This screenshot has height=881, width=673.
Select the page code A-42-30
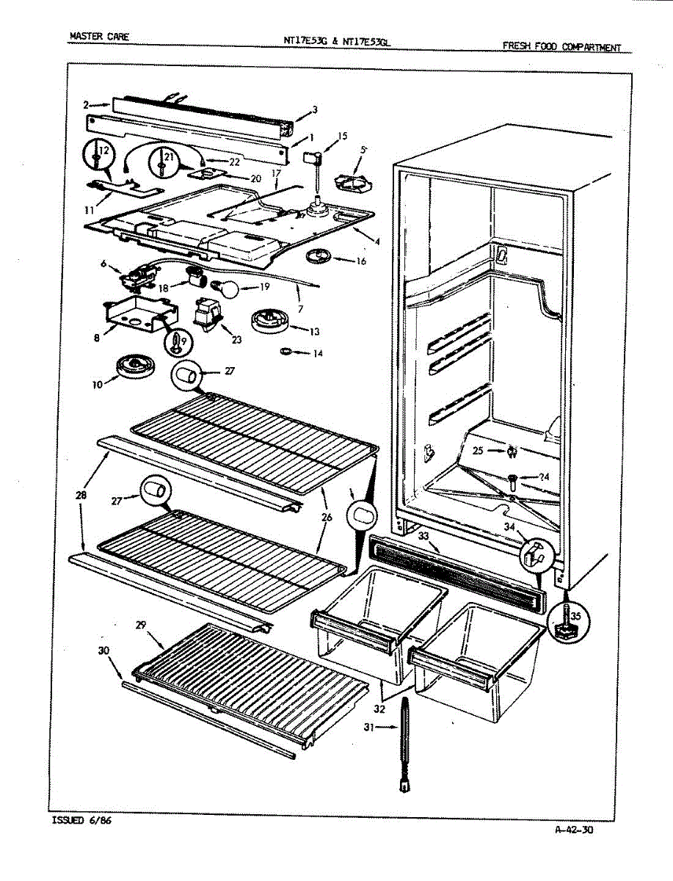point(574,830)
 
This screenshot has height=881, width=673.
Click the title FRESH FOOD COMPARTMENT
point(561,47)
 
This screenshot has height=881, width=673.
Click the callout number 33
point(423,537)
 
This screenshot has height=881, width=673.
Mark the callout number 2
point(86,105)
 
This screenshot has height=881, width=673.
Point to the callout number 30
point(103,650)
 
